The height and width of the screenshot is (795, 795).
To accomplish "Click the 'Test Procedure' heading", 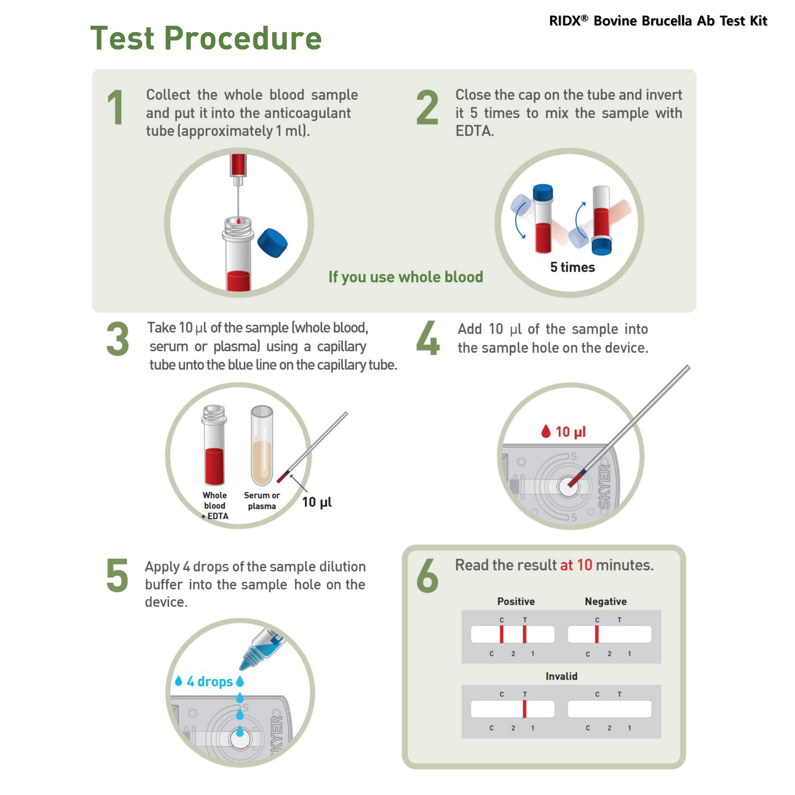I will pos(206,38).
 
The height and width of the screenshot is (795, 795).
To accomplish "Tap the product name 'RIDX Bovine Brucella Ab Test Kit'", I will pos(658,20).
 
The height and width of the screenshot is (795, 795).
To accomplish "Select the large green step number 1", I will pos(116,107).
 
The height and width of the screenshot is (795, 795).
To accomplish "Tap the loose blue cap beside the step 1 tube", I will pos(272,243).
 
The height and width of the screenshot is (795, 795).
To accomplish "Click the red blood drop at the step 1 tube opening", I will pos(238,221).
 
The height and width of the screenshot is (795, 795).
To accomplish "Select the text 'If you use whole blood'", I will pos(405,277).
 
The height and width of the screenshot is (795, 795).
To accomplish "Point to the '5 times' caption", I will pos(572,267).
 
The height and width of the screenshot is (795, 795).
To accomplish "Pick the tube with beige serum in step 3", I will pos(262,447).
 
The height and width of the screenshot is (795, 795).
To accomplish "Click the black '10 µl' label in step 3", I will pos(317,502).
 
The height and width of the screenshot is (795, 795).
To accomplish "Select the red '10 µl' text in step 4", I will pos(570,432).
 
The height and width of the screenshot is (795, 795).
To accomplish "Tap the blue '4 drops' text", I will pos(210,681).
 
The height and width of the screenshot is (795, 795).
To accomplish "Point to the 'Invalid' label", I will pos(561,676).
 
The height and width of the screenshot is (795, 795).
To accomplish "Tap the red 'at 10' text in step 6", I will pos(576,565).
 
